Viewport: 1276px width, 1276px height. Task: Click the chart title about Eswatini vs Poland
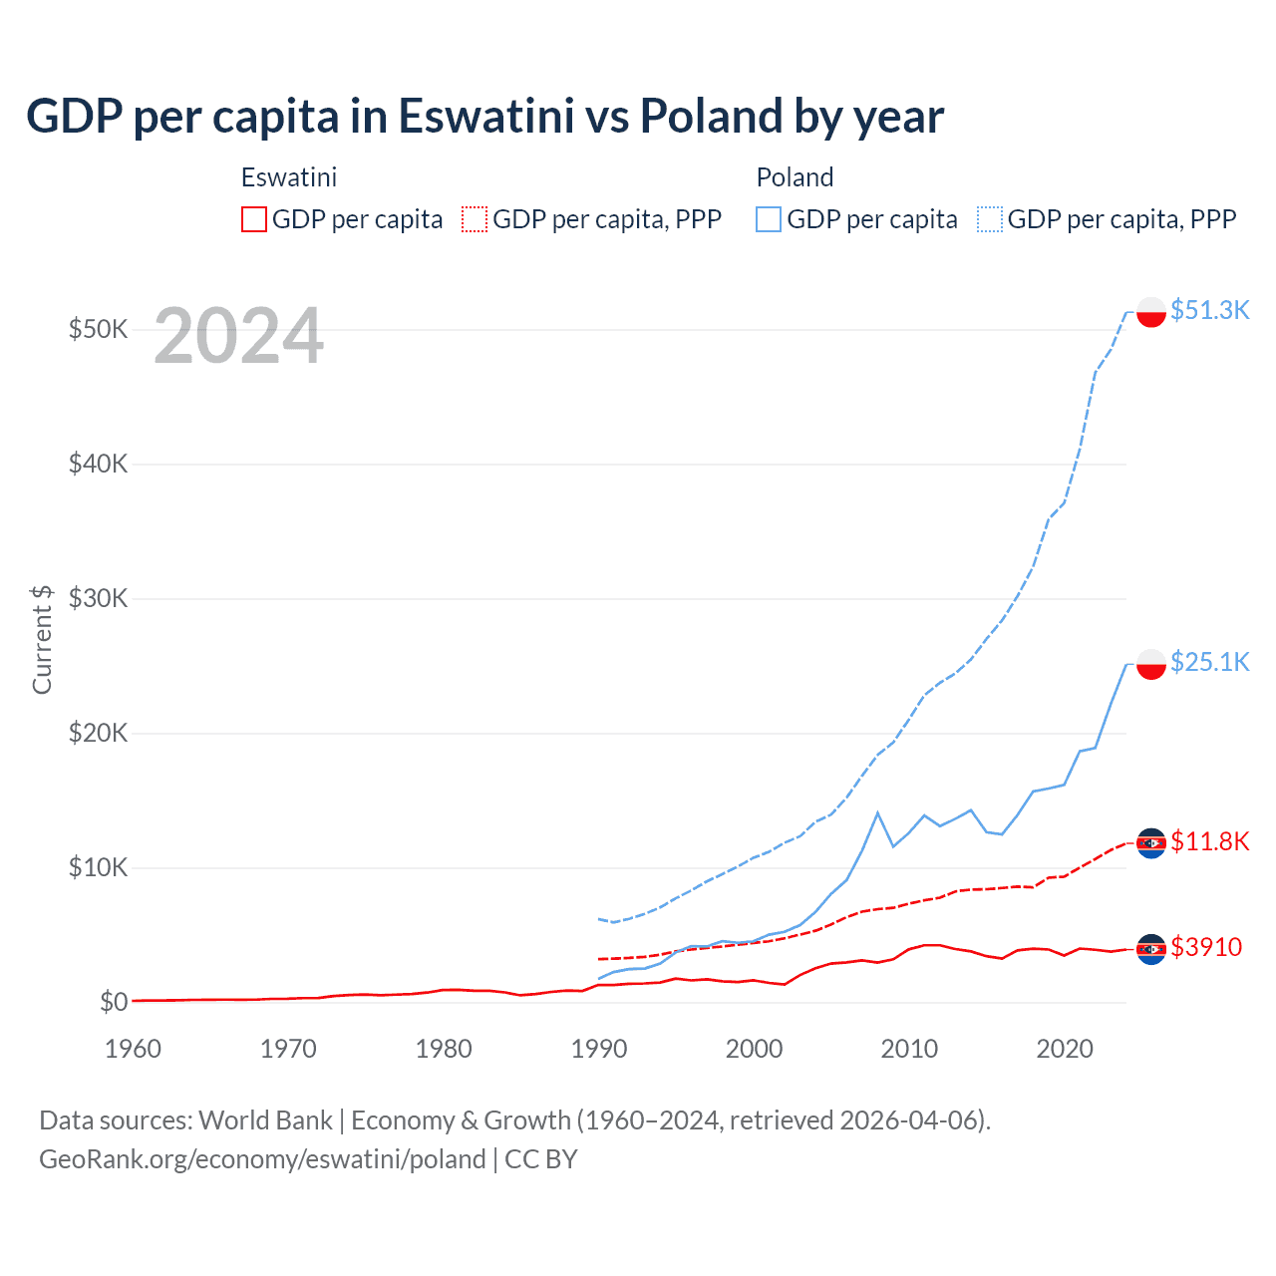click(484, 117)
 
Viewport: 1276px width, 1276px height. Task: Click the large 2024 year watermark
click(238, 337)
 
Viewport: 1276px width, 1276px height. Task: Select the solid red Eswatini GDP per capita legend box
click(254, 219)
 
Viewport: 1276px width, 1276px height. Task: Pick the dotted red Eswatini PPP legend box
click(475, 219)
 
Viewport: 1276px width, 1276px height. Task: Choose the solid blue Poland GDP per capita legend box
click(769, 219)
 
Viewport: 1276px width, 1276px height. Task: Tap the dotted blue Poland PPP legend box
click(990, 219)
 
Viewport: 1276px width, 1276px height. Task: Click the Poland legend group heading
click(795, 177)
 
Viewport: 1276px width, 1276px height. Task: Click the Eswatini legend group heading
click(289, 177)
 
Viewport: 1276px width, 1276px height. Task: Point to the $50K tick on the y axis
click(98, 329)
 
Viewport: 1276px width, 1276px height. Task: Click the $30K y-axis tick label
click(98, 598)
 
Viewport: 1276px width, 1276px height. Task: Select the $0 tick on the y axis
click(114, 1002)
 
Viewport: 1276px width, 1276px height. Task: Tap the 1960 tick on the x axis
click(133, 1049)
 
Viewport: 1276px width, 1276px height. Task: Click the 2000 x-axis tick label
click(754, 1049)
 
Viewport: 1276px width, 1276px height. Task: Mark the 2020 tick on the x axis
click(1065, 1049)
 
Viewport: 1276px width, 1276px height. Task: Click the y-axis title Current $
click(42, 639)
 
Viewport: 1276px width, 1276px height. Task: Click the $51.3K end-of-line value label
click(1209, 310)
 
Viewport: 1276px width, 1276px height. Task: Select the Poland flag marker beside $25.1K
click(1151, 664)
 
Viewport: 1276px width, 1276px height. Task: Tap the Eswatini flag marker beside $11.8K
click(1151, 843)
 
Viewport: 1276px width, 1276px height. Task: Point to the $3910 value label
click(1206, 947)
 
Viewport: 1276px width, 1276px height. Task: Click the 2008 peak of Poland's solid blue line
click(877, 812)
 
